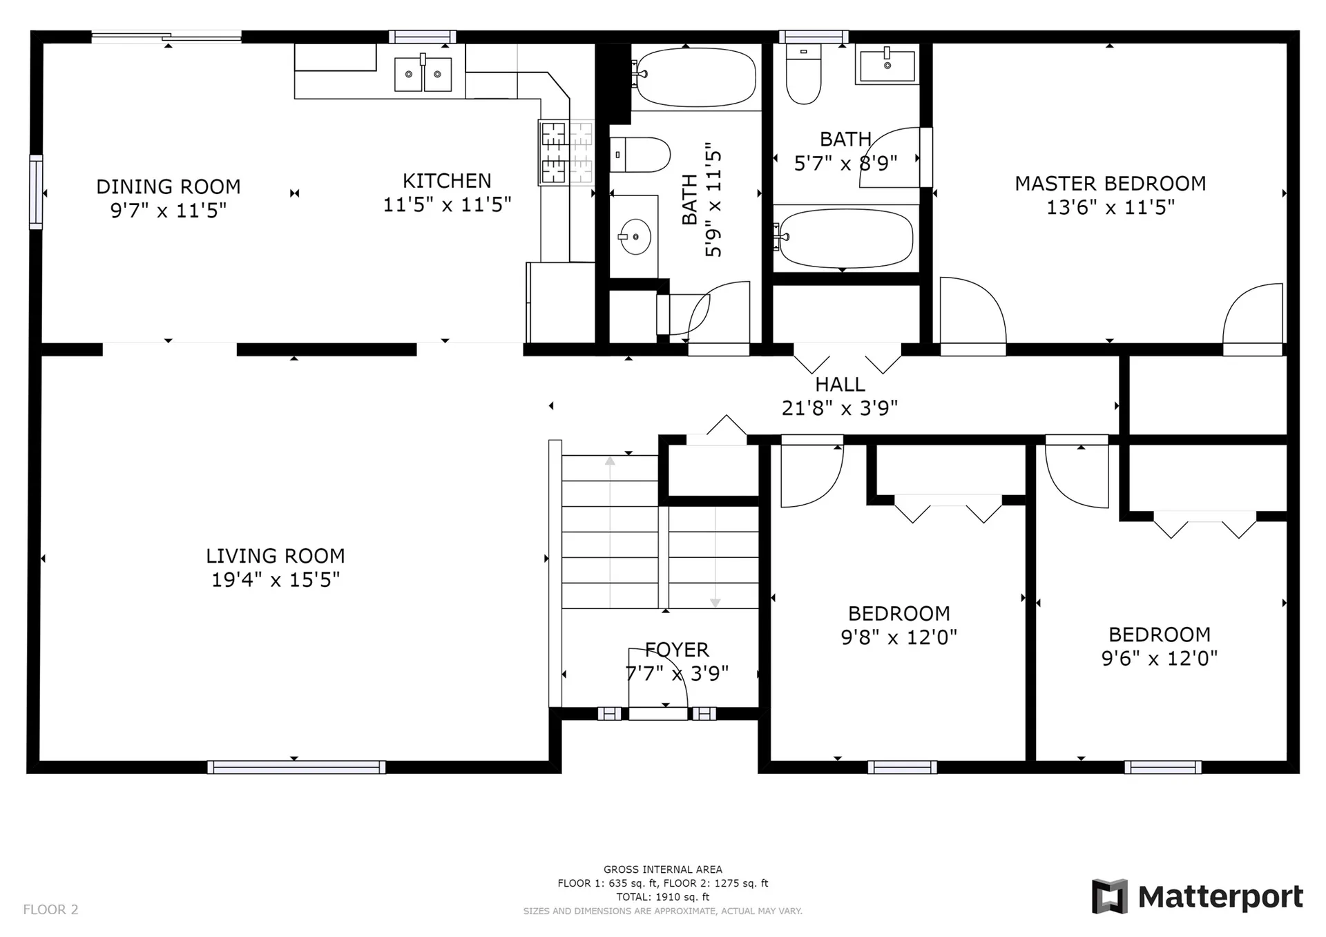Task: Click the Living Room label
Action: (275, 556)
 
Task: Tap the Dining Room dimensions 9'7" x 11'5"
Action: (169, 210)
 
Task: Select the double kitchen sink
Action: (423, 74)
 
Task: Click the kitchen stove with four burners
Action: (566, 153)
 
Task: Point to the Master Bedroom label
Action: (1110, 184)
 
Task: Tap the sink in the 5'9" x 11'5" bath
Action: (635, 236)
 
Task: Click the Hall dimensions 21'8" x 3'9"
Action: (840, 408)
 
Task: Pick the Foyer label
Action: (677, 650)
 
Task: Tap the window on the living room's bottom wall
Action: (296, 767)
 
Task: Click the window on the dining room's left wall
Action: (36, 192)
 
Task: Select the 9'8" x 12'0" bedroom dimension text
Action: (899, 637)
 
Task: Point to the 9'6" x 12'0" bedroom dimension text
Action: (1160, 658)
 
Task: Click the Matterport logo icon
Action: (1110, 896)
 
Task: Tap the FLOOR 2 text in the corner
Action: (51, 910)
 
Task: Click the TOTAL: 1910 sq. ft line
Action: (663, 897)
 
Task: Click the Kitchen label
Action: (447, 181)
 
